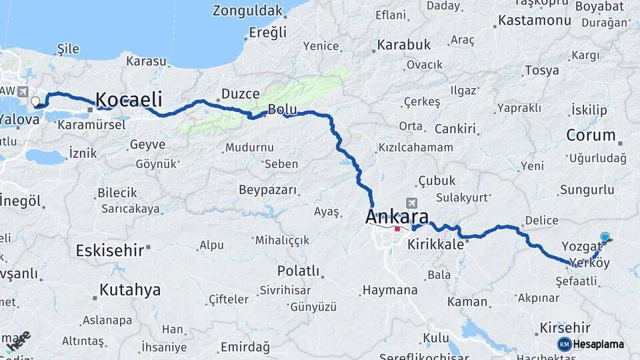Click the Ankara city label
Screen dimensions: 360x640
click(x=397, y=217)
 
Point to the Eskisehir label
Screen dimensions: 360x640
click(x=110, y=251)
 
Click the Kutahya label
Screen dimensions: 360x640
click(x=130, y=290)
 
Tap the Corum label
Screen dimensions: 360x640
click(x=591, y=135)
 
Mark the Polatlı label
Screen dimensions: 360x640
click(x=298, y=271)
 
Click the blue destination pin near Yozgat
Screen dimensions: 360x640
click(x=605, y=237)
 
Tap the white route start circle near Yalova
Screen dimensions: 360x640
click(x=35, y=102)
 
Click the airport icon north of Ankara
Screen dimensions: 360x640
click(x=412, y=203)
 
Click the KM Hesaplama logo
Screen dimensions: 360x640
click(x=590, y=344)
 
